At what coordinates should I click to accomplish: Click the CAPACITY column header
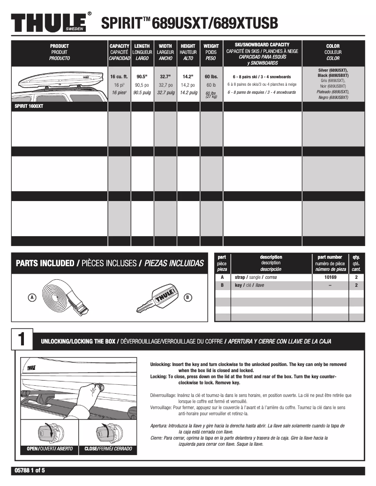coord(119,52)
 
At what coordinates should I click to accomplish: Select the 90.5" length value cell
coord(142,76)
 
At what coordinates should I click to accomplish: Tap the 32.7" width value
coord(165,76)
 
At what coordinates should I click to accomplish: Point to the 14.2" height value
coord(188,76)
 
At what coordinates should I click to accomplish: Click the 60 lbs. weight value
coord(211,76)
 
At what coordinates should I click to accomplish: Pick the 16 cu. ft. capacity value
coord(119,76)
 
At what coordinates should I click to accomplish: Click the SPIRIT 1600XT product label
coord(30,106)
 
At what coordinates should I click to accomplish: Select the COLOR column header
coord(333,52)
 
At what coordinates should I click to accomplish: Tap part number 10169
coord(330,277)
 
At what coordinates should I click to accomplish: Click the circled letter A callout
coord(32,297)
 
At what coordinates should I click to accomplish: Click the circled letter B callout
coord(188,297)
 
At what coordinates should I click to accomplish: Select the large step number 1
coord(22,341)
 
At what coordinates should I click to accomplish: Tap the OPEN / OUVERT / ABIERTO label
coord(50,449)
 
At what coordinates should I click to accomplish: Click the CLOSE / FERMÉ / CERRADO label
coord(108,449)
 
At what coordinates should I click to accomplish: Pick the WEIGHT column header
coord(211,52)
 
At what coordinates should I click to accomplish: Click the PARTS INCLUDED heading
coord(110,263)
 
